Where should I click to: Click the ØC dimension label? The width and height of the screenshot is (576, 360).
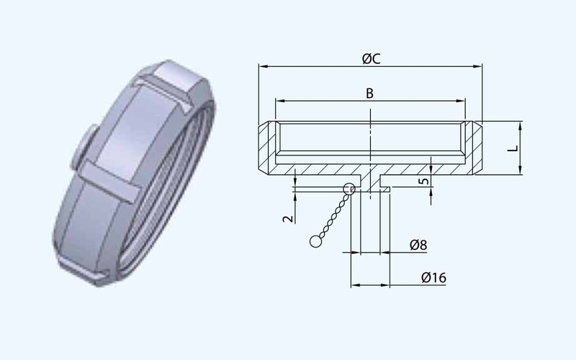click(371, 59)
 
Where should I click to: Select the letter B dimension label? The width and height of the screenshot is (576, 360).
click(369, 94)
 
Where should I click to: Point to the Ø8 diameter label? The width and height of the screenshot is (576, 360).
click(418, 245)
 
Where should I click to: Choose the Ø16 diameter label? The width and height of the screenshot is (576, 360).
click(434, 277)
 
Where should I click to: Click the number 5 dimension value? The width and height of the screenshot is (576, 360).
click(424, 181)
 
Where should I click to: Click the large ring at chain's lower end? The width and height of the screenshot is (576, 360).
click(315, 241)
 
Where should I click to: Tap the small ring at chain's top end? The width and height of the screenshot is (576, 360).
click(349, 189)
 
